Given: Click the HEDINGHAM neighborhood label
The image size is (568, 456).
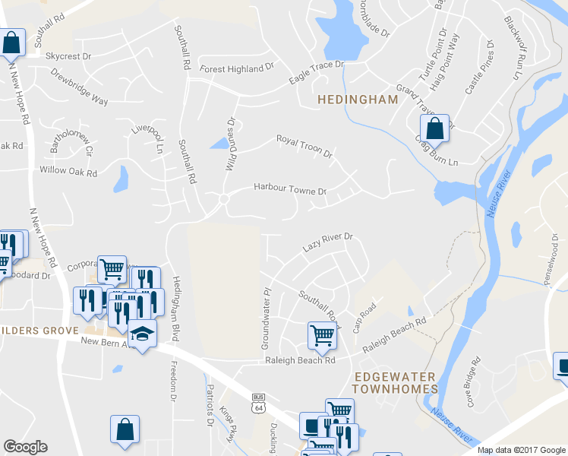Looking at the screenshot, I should point(357,100).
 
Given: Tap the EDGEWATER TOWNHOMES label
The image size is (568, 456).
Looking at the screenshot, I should point(396,382).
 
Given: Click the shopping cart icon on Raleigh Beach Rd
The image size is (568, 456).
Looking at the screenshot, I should point(322,334).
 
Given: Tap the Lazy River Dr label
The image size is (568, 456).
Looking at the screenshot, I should point(328,242).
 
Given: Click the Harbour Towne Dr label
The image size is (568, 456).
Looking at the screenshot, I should point(289,187).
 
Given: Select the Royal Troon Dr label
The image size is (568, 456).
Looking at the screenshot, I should point(305,145).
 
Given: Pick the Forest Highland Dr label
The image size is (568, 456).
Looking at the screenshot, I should point(236,68).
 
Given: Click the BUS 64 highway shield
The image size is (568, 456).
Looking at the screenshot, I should point(258,402).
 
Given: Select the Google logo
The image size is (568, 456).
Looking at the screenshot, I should point(25,447).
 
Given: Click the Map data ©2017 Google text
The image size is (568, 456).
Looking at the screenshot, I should point(521,450).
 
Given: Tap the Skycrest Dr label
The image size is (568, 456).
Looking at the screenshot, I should point(68,56).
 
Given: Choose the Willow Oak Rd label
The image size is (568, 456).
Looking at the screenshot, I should point(68,173).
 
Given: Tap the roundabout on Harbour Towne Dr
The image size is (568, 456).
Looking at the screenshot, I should point(224,199).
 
